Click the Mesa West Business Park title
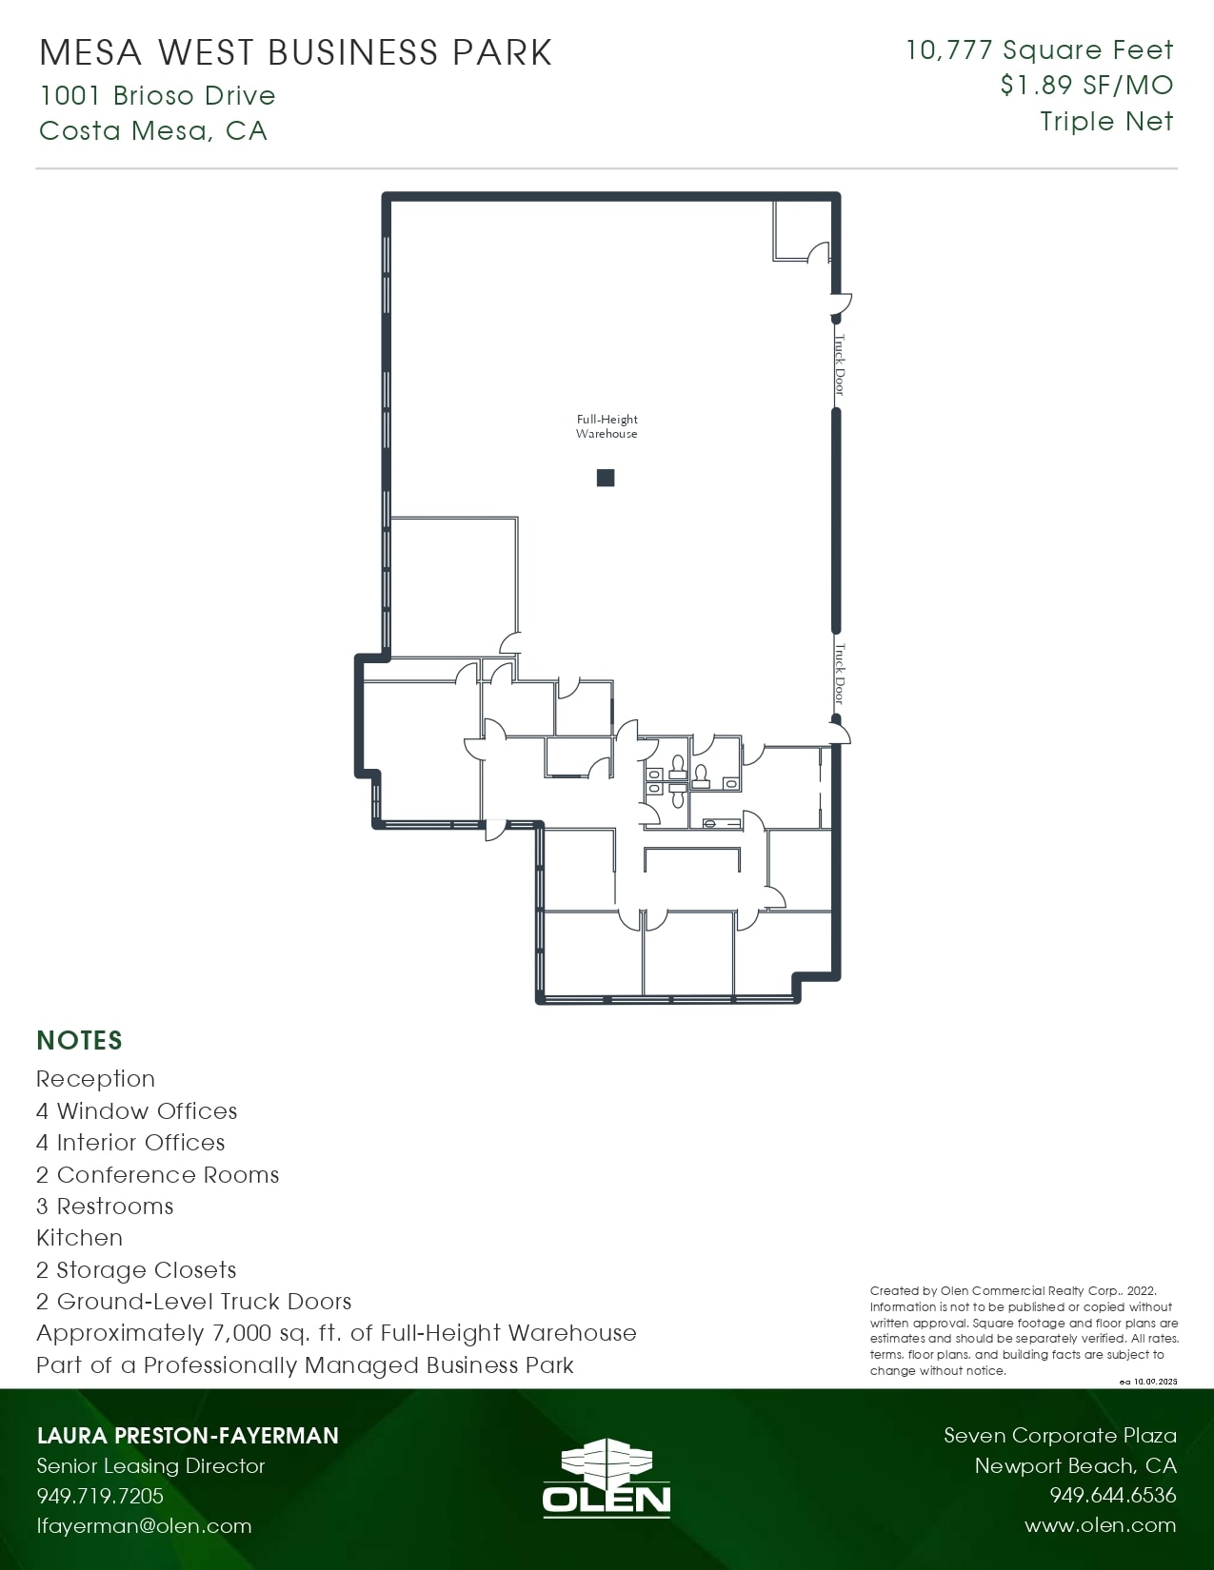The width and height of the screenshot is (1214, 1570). coord(295,52)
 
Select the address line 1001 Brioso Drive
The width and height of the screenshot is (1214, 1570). coord(157,95)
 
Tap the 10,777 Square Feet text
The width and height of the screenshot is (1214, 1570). coord(1039,49)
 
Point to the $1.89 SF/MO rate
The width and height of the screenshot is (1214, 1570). coord(1086,86)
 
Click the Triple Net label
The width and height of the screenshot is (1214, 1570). coord(1106,122)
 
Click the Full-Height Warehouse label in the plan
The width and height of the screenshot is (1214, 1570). coord(607,426)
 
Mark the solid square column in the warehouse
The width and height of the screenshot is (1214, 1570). coord(606,478)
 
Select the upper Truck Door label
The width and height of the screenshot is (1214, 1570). coord(839,363)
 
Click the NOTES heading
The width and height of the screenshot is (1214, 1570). coord(80,1040)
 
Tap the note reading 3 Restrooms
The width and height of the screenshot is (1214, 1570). coord(105,1207)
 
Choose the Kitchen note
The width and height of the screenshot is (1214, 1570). coord(79,1238)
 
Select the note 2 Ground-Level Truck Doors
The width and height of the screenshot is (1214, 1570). coord(193,1302)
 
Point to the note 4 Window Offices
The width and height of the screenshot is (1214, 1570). coord(136,1111)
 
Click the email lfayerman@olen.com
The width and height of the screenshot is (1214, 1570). coord(144,1526)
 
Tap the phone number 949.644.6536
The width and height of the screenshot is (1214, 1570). coord(1112,1496)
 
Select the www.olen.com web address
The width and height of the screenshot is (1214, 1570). coord(1100,1526)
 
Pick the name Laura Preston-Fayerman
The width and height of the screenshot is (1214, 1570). coord(188,1436)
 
